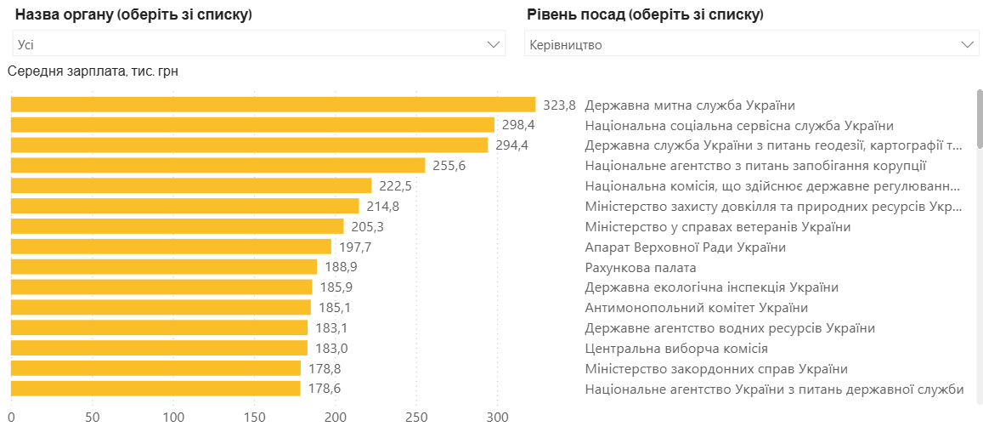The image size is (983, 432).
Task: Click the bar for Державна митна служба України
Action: [x=273, y=105]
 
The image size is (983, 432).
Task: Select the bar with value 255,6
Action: [x=218, y=166]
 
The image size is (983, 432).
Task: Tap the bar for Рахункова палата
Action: [x=163, y=267]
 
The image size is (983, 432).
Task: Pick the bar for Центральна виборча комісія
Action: [x=159, y=348]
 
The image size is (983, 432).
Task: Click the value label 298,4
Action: [x=518, y=125]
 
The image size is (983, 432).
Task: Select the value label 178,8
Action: [x=325, y=368]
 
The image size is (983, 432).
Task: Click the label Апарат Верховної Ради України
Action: [x=685, y=247]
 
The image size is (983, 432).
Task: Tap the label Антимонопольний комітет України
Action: [x=696, y=308]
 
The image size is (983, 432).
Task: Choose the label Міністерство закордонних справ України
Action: [x=715, y=369]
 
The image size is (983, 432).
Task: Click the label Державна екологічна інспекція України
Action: [x=711, y=287]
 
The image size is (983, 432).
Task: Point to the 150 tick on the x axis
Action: [x=254, y=418]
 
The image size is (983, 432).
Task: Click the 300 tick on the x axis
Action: [x=497, y=418]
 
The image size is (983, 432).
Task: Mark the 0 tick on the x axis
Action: [x=11, y=418]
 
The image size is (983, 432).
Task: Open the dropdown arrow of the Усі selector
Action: [x=493, y=44]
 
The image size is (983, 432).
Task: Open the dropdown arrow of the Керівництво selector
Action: [x=967, y=44]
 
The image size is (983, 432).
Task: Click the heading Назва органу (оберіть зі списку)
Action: [x=133, y=15]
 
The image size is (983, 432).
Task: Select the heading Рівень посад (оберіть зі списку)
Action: [x=644, y=15]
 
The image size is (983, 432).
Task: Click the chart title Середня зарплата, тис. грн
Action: [x=93, y=71]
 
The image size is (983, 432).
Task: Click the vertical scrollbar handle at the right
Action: [x=980, y=119]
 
